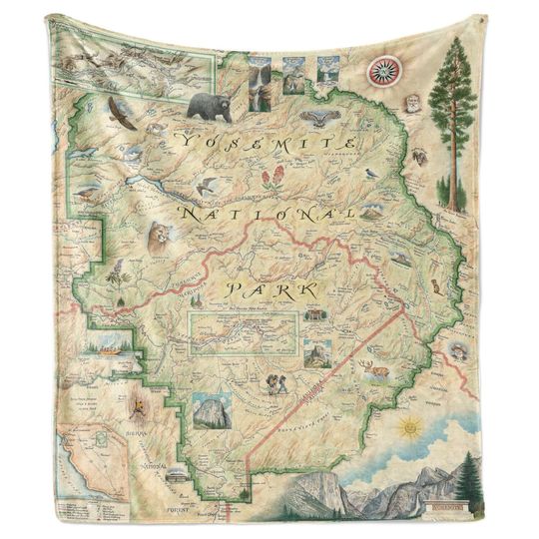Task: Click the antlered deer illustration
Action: (376, 372)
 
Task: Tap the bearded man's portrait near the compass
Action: (412, 104)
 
